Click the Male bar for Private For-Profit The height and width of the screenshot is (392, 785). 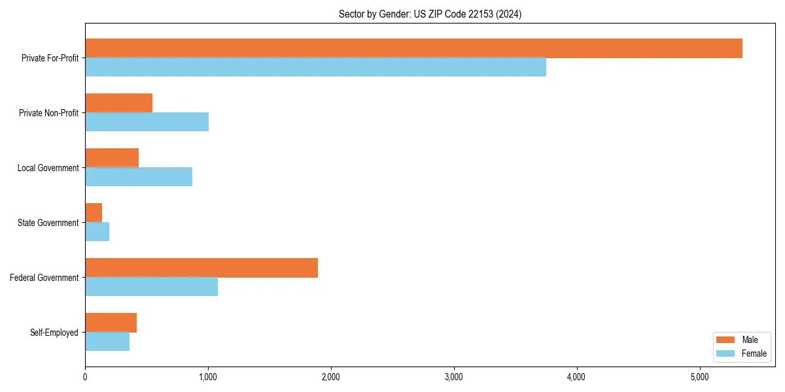(413, 48)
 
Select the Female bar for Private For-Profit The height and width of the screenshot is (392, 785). (315, 67)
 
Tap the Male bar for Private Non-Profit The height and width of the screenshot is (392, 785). (118, 103)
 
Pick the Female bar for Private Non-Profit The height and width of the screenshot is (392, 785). (147, 122)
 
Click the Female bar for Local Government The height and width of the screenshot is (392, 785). (139, 177)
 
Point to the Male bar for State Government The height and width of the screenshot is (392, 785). (94, 213)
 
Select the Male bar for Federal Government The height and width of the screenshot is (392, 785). (201, 268)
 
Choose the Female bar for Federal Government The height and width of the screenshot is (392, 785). (151, 287)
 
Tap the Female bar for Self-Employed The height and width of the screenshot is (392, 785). (107, 342)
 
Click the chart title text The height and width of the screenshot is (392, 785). (430, 14)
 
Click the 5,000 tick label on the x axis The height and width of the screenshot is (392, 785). (699, 377)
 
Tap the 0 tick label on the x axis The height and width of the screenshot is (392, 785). (85, 377)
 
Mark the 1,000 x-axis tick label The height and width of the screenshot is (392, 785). (208, 377)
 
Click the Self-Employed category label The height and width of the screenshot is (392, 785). (54, 333)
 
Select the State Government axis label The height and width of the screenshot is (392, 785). (48, 223)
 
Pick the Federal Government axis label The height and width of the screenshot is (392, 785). (44, 278)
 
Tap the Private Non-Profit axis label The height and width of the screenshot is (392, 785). (48, 113)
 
